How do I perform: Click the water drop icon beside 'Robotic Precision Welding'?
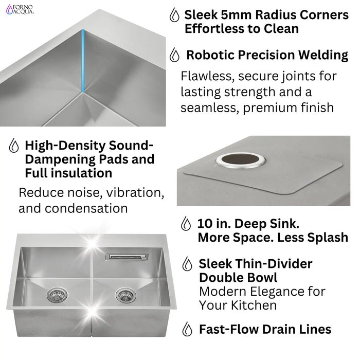coord(175,55)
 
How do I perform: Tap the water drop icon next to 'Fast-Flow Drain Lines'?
coord(188,329)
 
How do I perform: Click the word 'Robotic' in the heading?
coord(209,55)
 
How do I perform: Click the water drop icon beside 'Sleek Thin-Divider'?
coord(188,264)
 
